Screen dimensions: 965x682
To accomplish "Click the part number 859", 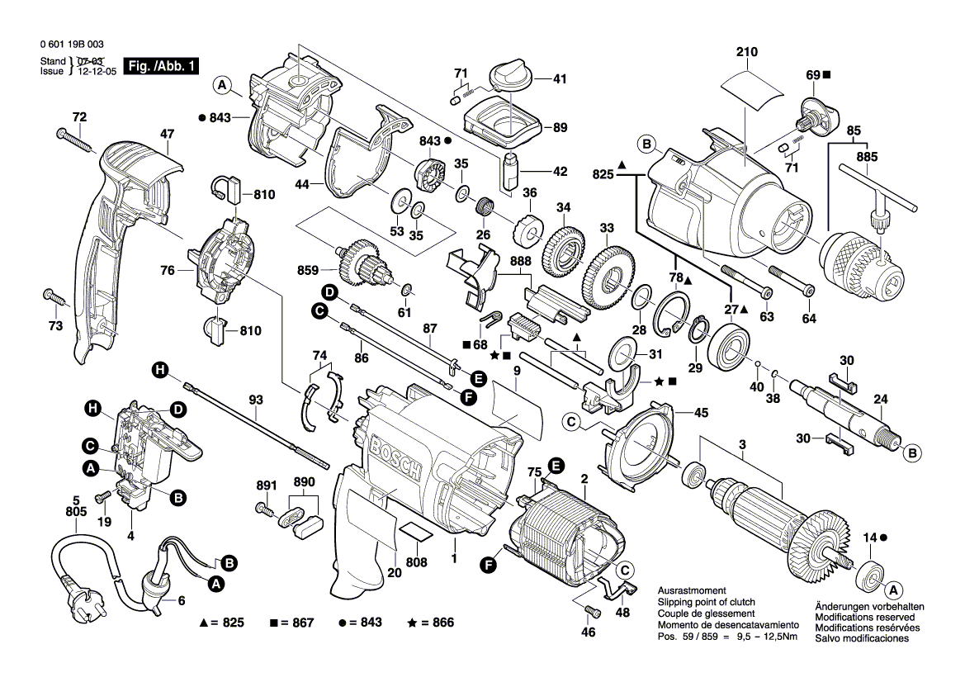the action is (x=308, y=270).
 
